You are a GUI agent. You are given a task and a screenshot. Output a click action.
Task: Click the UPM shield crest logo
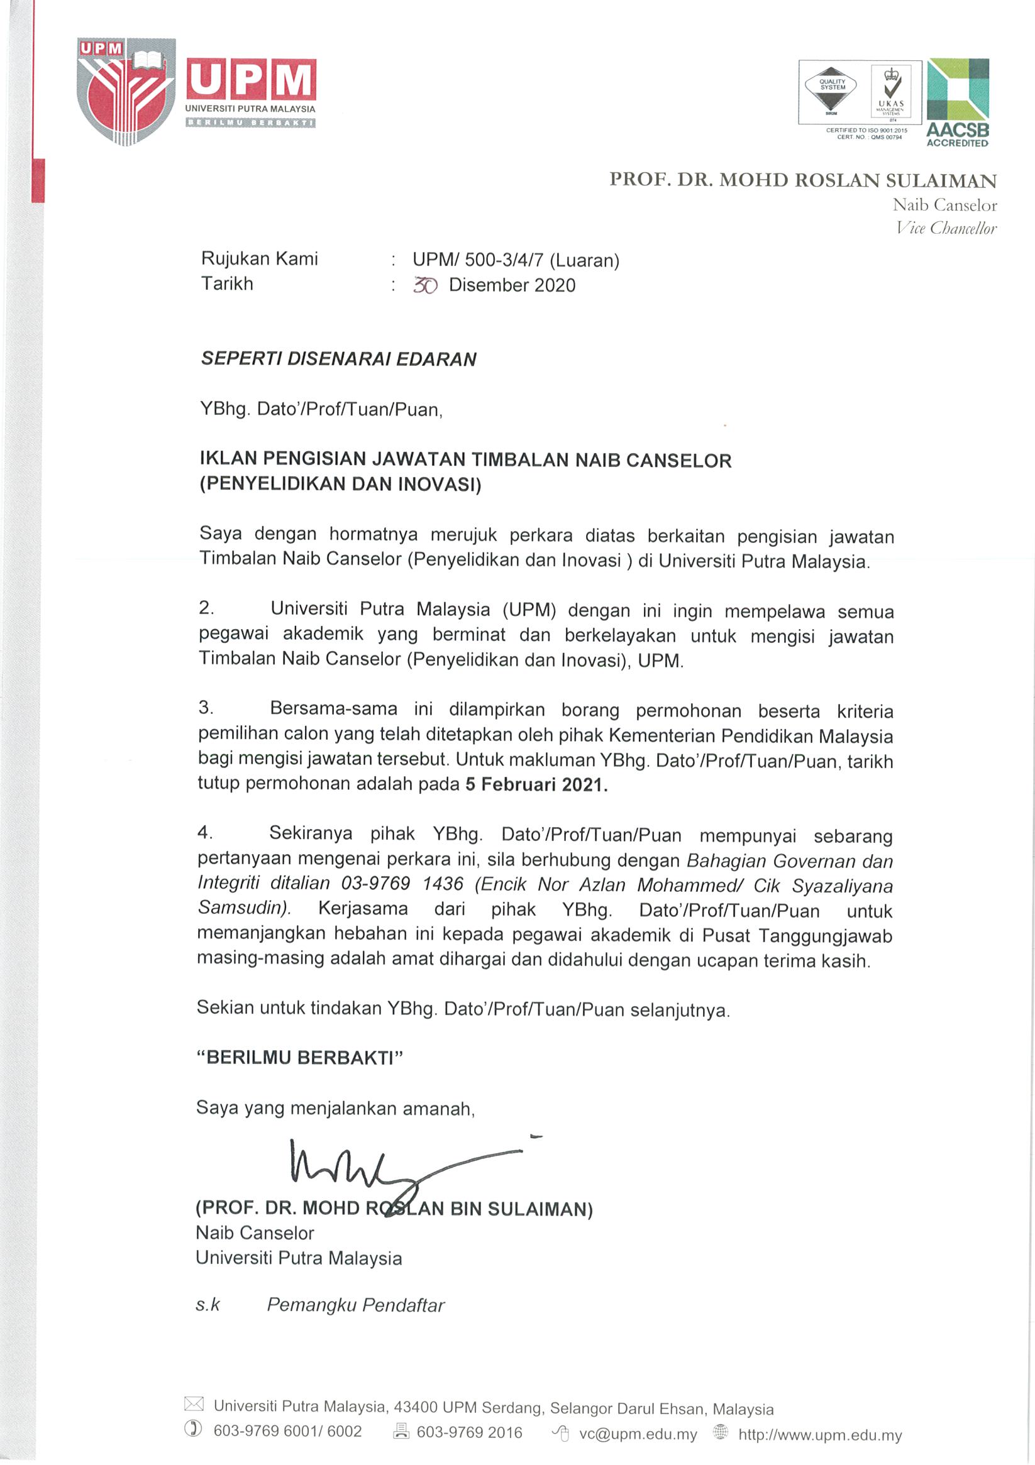126,90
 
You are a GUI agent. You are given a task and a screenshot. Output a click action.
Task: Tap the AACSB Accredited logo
957,102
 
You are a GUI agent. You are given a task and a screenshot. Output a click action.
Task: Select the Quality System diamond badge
831,89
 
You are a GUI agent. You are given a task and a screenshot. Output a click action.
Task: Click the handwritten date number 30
424,285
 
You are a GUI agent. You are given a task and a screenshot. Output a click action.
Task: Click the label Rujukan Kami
259,258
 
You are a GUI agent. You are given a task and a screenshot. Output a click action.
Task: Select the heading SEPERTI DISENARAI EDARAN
338,359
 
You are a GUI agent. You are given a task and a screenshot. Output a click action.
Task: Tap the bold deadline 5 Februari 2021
536,784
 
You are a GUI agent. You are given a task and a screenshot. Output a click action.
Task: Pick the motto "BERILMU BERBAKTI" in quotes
299,1057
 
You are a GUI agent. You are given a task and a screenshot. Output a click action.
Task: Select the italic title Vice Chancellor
946,228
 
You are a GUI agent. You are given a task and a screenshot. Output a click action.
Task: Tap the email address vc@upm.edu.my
637,1435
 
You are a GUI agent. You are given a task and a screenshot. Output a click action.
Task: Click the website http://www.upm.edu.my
820,1435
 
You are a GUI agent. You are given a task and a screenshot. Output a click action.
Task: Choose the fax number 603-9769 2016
469,1434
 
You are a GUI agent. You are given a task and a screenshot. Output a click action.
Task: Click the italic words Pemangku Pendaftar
355,1305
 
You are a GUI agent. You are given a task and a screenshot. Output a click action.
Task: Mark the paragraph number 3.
206,708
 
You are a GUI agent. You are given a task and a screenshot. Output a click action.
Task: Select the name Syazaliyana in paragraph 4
842,886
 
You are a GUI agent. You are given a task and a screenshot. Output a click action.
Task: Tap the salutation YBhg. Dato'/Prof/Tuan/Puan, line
321,409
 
